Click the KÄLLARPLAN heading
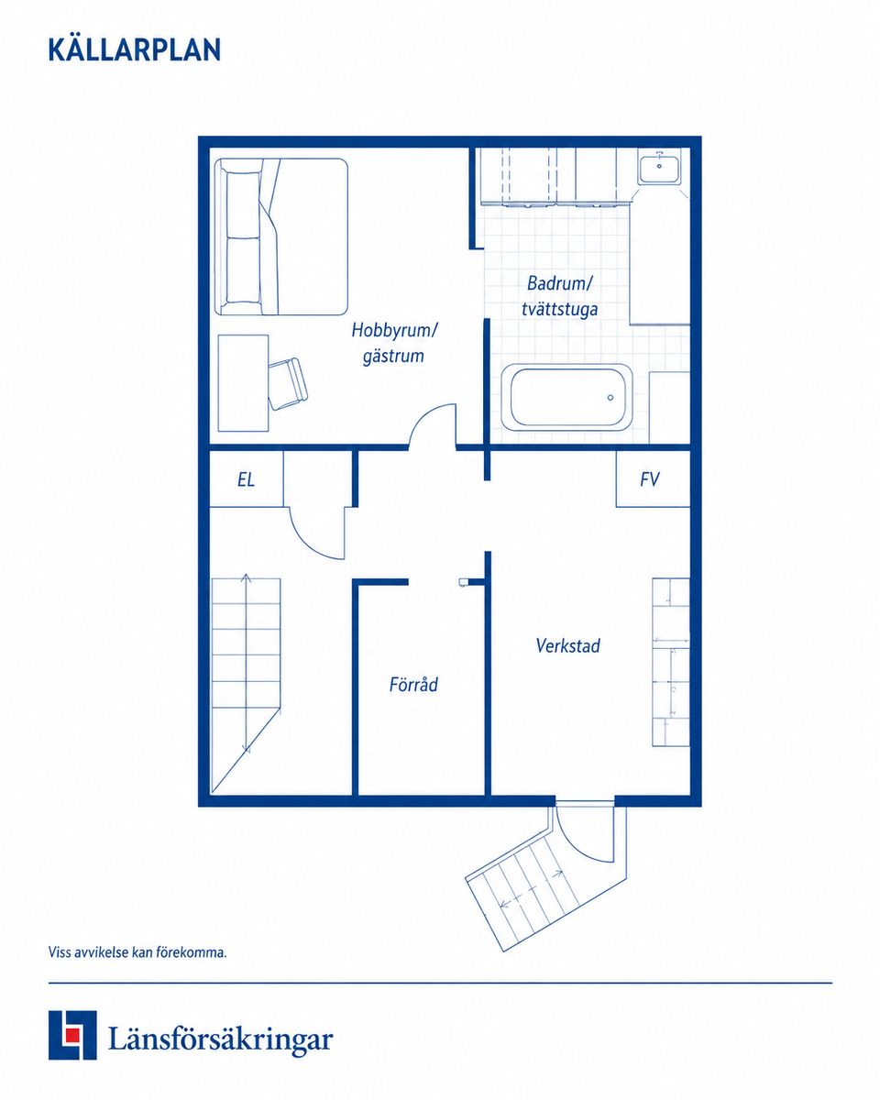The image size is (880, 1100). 135,49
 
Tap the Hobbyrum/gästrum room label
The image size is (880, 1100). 394,343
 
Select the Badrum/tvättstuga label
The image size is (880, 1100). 559,296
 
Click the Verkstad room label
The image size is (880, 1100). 567,645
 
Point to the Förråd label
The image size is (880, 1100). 413,685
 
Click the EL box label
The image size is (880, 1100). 246,479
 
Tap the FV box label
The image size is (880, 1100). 649,478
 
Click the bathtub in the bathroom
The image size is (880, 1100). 566,397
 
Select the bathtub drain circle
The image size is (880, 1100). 610,398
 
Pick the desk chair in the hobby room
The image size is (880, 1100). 289,383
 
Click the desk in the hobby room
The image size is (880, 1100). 243,383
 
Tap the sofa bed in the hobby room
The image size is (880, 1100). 280,236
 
